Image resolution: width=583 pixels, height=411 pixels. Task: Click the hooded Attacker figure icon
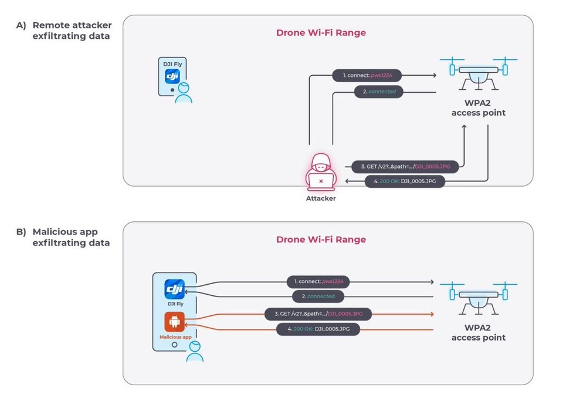(320, 172)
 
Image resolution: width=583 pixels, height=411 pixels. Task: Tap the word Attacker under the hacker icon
(320, 199)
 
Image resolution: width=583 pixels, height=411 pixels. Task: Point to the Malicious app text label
(175, 337)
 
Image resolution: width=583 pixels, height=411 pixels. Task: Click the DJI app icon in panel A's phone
(172, 76)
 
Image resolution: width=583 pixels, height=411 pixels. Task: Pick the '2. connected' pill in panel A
(379, 92)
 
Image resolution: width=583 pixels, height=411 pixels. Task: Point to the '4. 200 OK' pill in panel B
(318, 330)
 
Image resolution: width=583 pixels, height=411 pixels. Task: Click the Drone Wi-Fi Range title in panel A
(321, 33)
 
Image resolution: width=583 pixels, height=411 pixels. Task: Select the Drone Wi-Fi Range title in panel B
(321, 239)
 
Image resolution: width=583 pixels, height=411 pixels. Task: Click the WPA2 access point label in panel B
(478, 333)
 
